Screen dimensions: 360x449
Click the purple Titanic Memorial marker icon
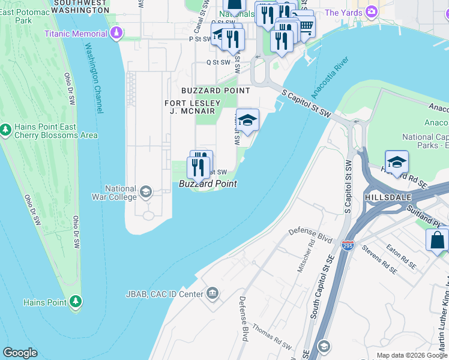coord(118,34)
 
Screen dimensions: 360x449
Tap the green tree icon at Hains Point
coord(76,302)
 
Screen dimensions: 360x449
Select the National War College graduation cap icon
coord(145,192)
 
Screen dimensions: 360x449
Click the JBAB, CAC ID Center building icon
coord(212,293)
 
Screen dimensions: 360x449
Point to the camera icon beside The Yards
coord(372,12)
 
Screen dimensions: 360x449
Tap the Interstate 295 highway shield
coord(347,246)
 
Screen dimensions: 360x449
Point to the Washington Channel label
coord(95,79)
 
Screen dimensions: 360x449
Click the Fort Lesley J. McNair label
coord(190,107)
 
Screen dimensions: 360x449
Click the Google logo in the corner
coord(20,353)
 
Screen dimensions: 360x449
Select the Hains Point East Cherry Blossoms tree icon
coord(5,130)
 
